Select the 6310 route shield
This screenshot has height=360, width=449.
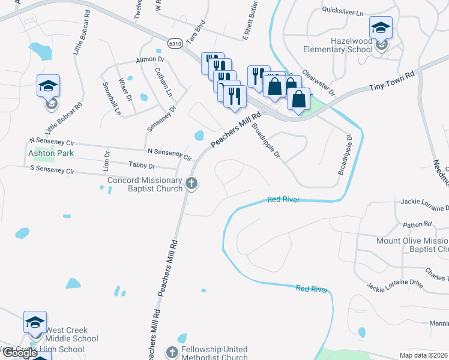point(175,44)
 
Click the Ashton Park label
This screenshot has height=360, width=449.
point(50,153)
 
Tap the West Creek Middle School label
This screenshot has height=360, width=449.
point(64,334)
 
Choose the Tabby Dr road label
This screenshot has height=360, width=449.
point(142,166)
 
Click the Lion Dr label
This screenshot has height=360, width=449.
point(107,160)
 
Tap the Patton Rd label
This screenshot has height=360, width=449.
point(418,224)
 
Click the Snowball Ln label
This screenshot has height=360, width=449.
point(113,99)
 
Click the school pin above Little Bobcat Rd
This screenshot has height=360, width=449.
point(48,87)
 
